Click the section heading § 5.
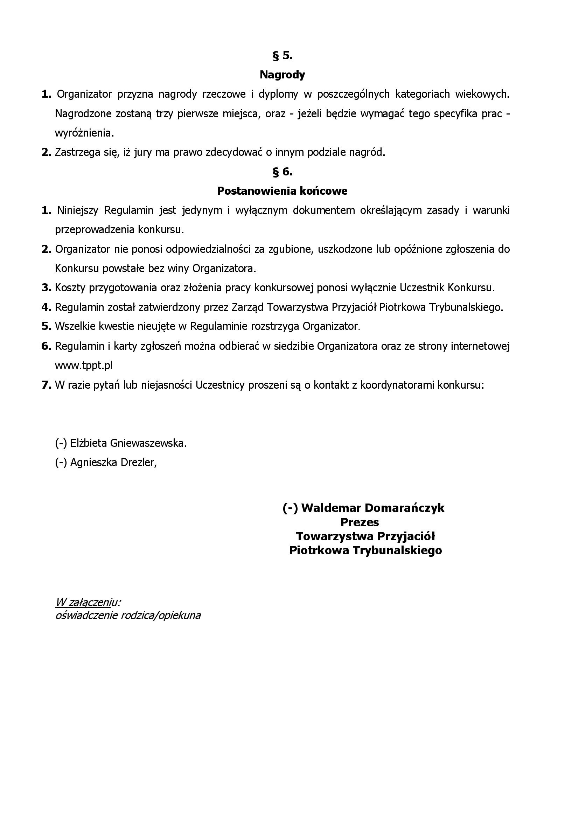click(282, 56)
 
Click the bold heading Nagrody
click(282, 75)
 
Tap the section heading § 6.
click(282, 172)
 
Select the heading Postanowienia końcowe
click(282, 191)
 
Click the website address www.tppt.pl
click(84, 366)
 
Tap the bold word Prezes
click(360, 522)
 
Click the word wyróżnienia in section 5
click(84, 133)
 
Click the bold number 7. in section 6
click(46, 385)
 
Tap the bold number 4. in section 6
click(46, 307)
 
